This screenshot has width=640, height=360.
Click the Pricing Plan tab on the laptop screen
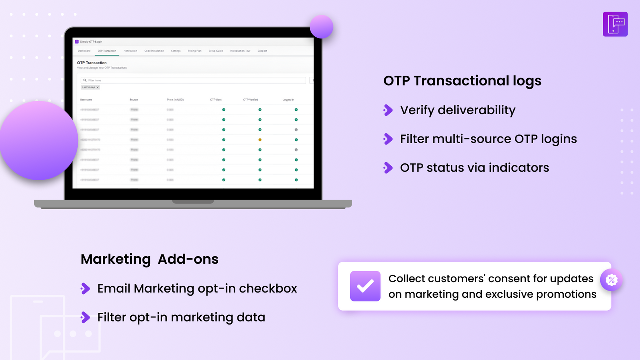coord(195,51)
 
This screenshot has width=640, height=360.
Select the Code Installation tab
coord(154,51)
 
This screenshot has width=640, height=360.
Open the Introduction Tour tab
coord(240,51)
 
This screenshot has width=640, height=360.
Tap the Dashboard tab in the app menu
coord(84,51)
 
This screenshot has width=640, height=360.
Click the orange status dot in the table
coord(260,140)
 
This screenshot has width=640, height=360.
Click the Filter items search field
coord(195,80)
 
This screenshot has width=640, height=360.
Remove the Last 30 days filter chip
coord(98,87)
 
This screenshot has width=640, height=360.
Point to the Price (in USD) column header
coord(175,100)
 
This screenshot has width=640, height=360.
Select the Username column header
coord(86,100)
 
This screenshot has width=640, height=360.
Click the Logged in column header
coord(288,100)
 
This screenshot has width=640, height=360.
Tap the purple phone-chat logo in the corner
coord(615,24)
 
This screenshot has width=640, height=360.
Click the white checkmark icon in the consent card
coord(365,286)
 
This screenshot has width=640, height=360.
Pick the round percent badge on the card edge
coord(611,280)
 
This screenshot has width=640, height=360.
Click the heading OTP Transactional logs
coord(462,81)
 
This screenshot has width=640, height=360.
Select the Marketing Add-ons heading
coord(149,259)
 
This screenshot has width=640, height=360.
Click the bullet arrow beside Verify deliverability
coord(388,110)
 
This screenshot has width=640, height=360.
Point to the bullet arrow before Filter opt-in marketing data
coord(85,317)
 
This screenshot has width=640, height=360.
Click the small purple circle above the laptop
coord(321,27)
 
